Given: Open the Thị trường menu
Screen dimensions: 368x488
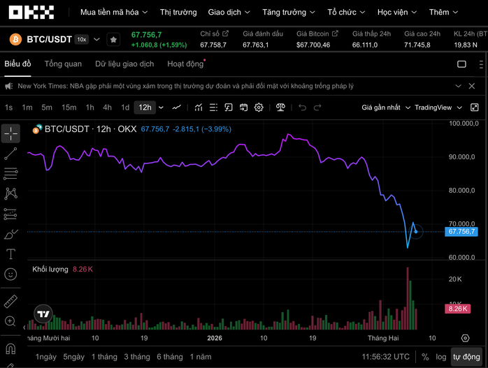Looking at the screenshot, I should pyautogui.click(x=179, y=13).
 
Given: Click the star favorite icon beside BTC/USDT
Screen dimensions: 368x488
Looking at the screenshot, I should pyautogui.click(x=113, y=40).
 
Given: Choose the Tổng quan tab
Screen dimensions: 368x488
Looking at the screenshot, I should pyautogui.click(x=63, y=64).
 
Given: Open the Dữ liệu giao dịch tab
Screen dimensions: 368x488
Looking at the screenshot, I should pyautogui.click(x=124, y=64).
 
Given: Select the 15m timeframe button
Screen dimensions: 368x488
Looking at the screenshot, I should pyautogui.click(x=69, y=108).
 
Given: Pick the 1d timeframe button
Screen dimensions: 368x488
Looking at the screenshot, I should pyautogui.click(x=125, y=108).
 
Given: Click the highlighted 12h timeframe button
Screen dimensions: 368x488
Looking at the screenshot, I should pyautogui.click(x=145, y=108).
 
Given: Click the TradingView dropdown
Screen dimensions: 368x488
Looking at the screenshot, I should pyautogui.click(x=437, y=108).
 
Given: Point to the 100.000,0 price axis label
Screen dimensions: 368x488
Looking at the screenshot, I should pyautogui.click(x=461, y=124).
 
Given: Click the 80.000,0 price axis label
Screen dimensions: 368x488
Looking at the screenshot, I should pyautogui.click(x=461, y=191).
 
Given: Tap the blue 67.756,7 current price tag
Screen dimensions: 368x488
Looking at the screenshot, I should pyautogui.click(x=461, y=231).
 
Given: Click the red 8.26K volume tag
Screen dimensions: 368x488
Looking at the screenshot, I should pyautogui.click(x=457, y=309).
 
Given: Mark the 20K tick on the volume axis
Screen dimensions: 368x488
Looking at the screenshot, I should pyautogui.click(x=454, y=279).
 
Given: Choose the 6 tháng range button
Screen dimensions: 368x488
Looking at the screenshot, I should pyautogui.click(x=170, y=357).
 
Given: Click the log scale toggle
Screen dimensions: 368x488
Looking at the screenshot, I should pyautogui.click(x=440, y=357).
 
